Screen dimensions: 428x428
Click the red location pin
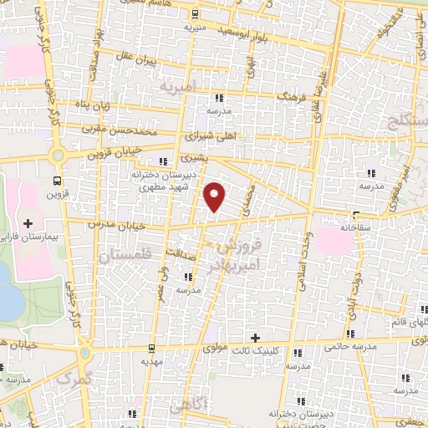pyautogui.click(x=216, y=196)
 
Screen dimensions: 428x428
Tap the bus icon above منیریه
pyautogui.click(x=195, y=13)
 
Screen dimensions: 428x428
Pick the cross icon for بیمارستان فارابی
pyautogui.click(x=29, y=223)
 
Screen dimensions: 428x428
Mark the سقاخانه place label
pyautogui.click(x=356, y=227)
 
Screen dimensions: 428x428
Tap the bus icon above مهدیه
pyautogui.click(x=150, y=348)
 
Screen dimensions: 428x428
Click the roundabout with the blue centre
pyautogui.click(x=59, y=155)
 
